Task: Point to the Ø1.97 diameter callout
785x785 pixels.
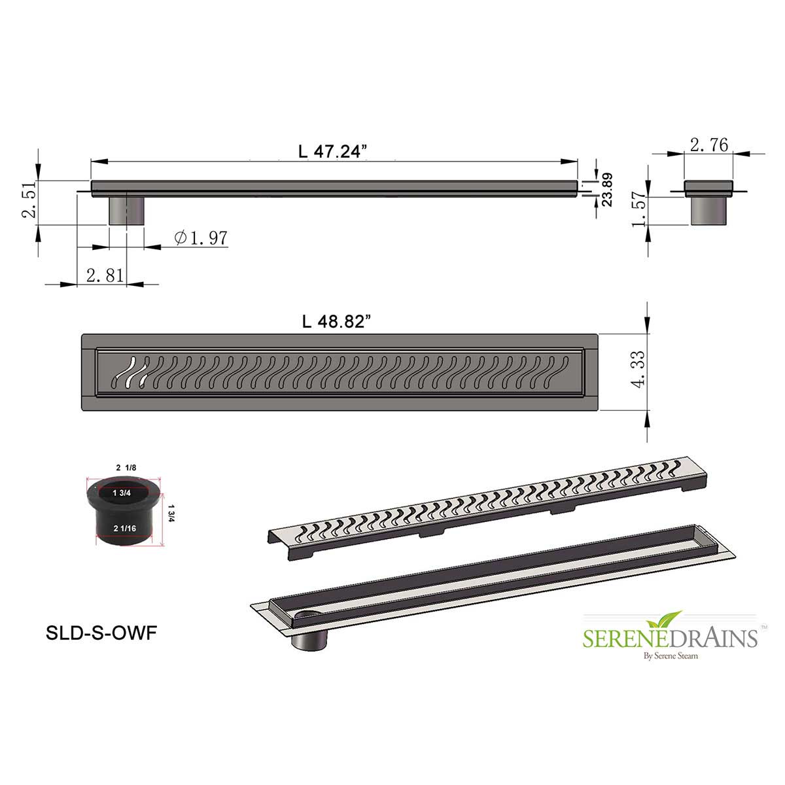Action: pyautogui.click(x=201, y=237)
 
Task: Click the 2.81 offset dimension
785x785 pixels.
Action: pyautogui.click(x=105, y=275)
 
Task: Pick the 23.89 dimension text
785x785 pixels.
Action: pyautogui.click(x=606, y=190)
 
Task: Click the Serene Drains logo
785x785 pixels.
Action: pyautogui.click(x=670, y=635)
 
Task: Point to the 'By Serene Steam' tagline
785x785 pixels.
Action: pyautogui.click(x=670, y=655)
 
